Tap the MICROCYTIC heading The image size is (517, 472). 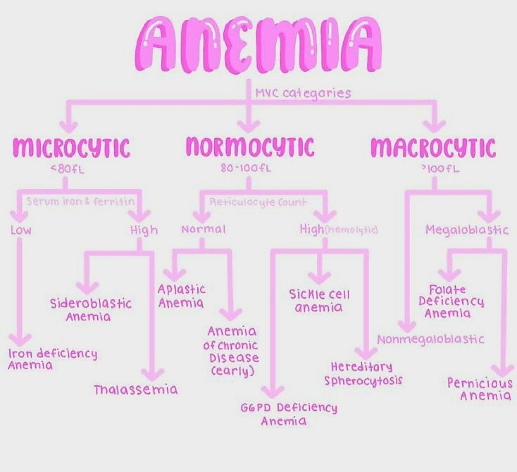(71, 148)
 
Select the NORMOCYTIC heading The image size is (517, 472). (250, 147)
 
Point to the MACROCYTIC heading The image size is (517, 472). (433, 148)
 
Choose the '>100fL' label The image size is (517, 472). (433, 169)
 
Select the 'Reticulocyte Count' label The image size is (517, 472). (258, 202)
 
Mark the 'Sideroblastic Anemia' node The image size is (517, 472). (90, 310)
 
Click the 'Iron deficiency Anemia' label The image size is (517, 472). (53, 360)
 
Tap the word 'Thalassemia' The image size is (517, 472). (135, 389)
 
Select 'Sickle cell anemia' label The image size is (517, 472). (319, 300)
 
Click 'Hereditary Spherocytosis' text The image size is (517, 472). (363, 373)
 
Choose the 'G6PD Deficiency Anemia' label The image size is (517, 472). (288, 414)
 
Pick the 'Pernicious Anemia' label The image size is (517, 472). (479, 389)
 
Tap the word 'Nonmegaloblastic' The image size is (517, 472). (431, 340)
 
